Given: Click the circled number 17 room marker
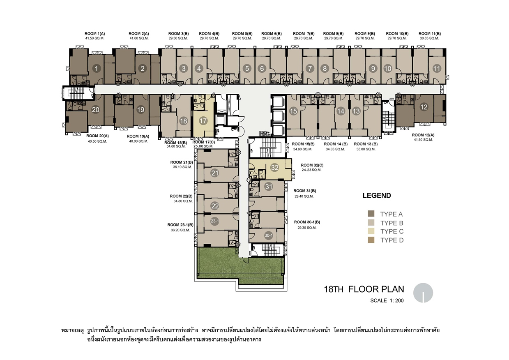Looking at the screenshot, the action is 203,121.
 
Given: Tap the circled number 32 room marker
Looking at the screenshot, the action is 274,168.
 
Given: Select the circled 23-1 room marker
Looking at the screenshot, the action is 214,221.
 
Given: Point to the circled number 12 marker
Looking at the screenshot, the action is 424,107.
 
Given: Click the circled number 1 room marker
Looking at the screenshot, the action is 97,68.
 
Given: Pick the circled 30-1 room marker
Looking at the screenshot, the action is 268,235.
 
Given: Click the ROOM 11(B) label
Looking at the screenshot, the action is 430,34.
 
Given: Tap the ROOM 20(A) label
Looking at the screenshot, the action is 97,136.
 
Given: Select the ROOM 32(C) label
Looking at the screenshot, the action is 312,165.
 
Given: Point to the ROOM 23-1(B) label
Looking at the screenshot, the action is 180,225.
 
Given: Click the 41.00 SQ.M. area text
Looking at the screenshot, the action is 139,38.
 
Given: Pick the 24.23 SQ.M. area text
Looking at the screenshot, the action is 311,170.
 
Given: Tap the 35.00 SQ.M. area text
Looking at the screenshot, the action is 366,149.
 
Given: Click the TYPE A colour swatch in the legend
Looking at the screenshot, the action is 371,214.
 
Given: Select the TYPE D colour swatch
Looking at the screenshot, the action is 371,240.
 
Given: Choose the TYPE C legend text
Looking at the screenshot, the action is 392,231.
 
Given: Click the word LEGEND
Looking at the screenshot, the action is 377,196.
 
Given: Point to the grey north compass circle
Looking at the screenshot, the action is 423,293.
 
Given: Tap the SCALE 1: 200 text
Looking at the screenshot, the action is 387,300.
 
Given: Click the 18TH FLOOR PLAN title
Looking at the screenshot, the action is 364,289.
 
